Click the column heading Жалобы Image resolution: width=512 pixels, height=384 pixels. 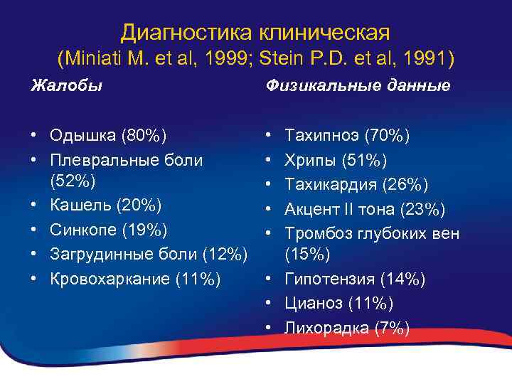coord(66,85)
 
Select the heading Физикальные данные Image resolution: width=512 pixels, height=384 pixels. coord(358,85)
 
